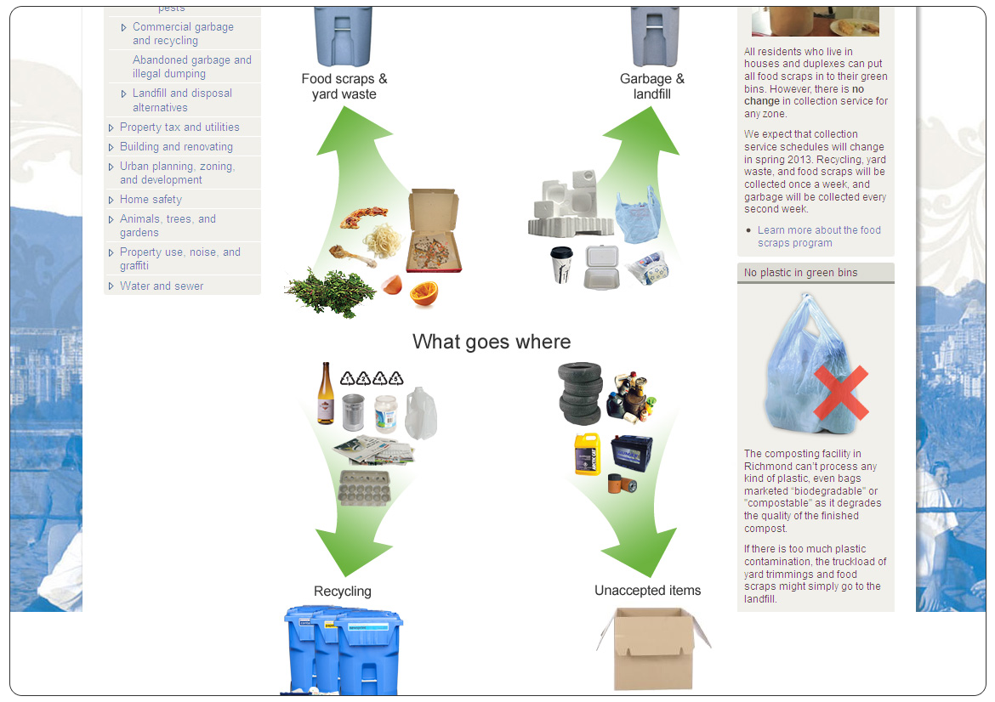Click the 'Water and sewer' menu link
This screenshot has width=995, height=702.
[x=162, y=286]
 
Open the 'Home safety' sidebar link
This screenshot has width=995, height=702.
[x=151, y=200]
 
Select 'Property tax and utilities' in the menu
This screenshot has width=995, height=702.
[x=179, y=127]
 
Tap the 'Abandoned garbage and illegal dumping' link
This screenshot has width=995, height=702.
[x=192, y=67]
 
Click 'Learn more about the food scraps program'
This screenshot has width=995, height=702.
[x=819, y=236]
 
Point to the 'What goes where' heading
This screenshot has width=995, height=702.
[x=492, y=342]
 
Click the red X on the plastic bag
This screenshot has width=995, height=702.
[x=840, y=393]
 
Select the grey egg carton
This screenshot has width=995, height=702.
[x=364, y=488]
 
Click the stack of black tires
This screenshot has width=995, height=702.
[x=580, y=393]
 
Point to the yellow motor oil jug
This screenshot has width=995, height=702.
[x=588, y=453]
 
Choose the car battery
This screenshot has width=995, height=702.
[x=631, y=452]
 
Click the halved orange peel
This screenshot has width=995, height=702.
[x=423, y=294]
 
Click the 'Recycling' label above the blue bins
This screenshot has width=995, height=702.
[x=343, y=592]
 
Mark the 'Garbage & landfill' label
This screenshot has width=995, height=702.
[x=652, y=87]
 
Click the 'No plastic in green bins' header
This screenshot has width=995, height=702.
[x=800, y=273]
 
